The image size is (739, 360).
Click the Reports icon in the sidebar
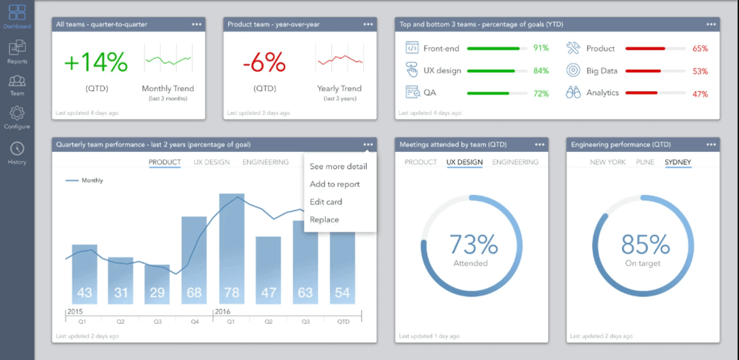pyautogui.click(x=17, y=49)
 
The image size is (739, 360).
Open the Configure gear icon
pyautogui.click(x=17, y=114)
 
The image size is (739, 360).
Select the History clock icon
pyautogui.click(x=17, y=149)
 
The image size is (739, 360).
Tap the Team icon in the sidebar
pyautogui.click(x=17, y=82)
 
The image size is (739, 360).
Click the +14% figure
pyautogui.click(x=96, y=62)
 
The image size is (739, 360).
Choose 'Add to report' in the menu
pyautogui.click(x=335, y=184)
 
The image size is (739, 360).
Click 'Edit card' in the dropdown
pyautogui.click(x=326, y=202)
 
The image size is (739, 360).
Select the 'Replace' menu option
pyautogui.click(x=324, y=220)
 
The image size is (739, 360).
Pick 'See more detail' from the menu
pyautogui.click(x=338, y=166)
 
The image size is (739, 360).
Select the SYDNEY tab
pyautogui.click(x=677, y=162)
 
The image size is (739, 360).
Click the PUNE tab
pyautogui.click(x=645, y=162)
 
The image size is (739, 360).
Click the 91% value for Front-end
pyautogui.click(x=541, y=49)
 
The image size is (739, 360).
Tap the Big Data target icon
pyautogui.click(x=573, y=70)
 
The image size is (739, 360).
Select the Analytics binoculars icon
pyautogui.click(x=573, y=92)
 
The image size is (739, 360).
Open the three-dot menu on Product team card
pyautogui.click(x=368, y=24)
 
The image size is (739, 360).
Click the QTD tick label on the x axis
pyautogui.click(x=342, y=320)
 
